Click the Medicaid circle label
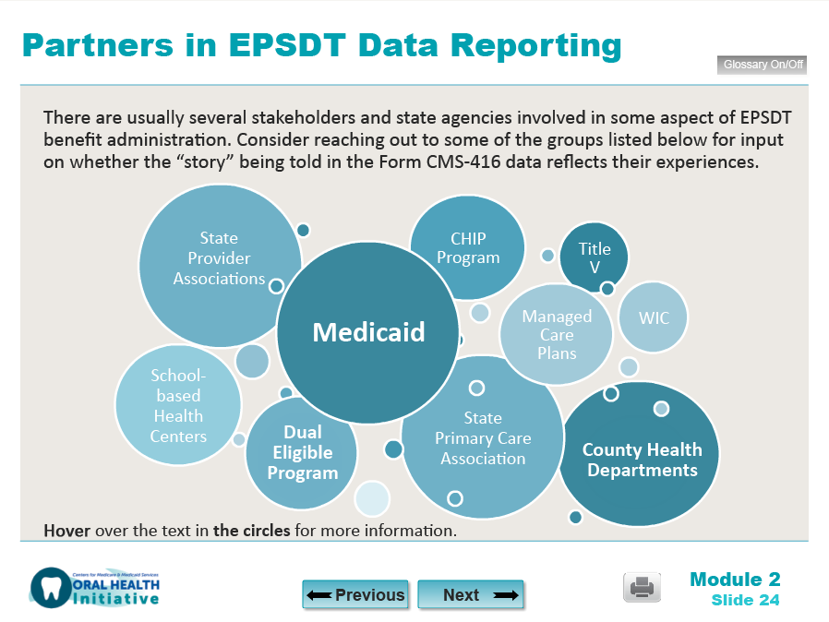coord(368,332)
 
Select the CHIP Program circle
coord(468,248)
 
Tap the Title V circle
coord(595,257)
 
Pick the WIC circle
coord(653,317)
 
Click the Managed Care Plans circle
coord(557,335)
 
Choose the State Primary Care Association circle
coord(483,438)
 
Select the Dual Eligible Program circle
coord(302,453)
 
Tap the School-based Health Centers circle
coord(178,406)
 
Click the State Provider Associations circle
coord(219,259)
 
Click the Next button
coord(471,595)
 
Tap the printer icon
coord(642,587)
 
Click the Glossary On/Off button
coord(762,66)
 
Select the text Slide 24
coord(745,601)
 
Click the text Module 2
coord(735,580)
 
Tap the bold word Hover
coord(66,531)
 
